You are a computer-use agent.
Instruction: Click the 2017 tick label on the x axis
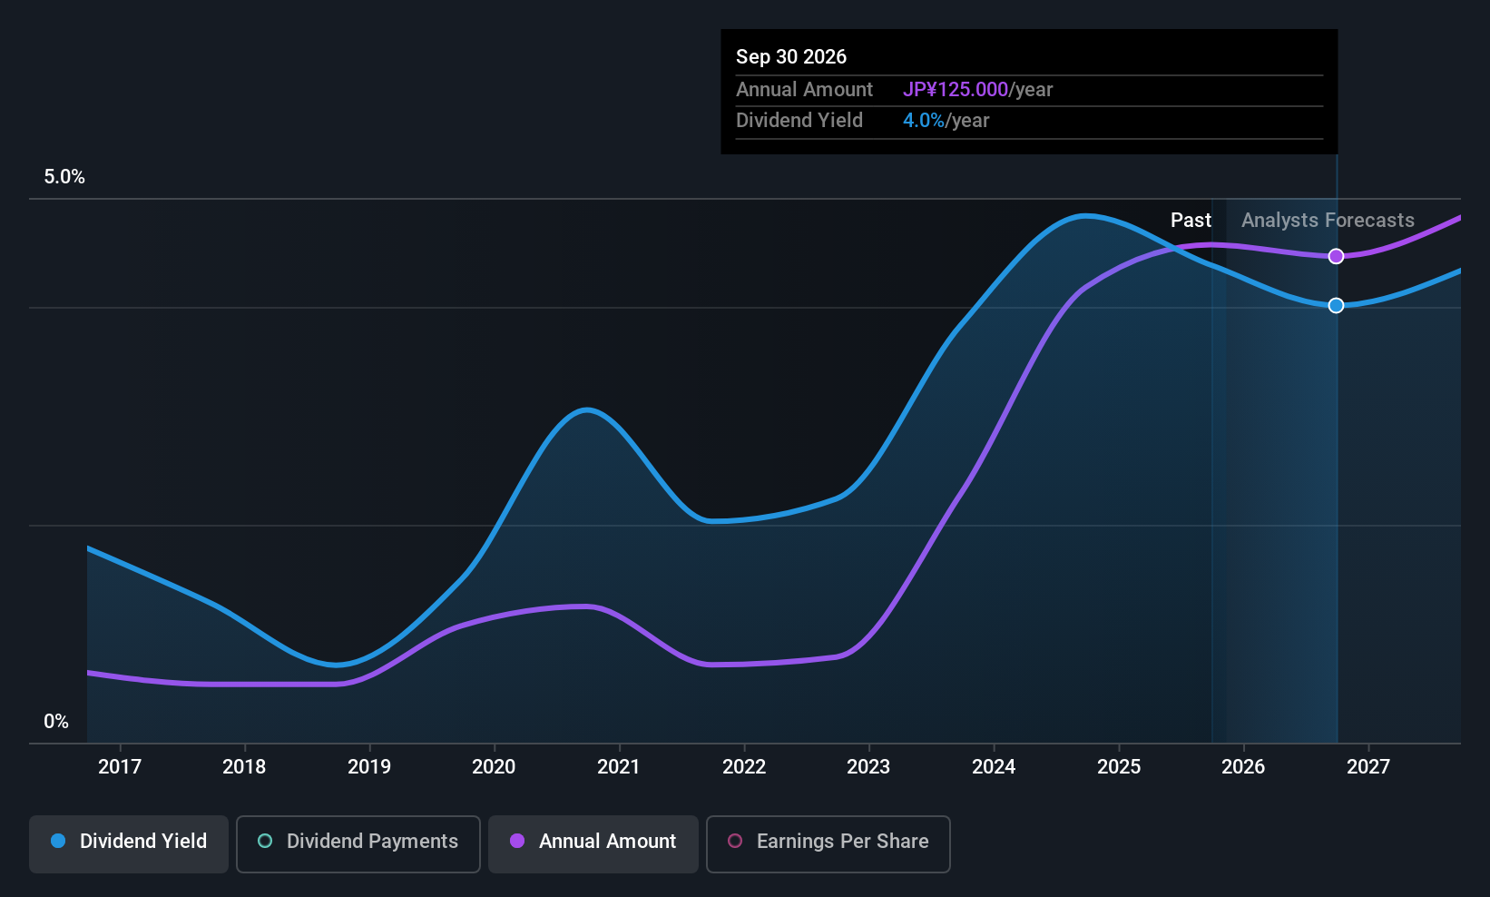[x=120, y=767]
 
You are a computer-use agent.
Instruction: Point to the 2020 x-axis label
[x=494, y=767]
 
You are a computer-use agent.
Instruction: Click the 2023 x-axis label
[x=868, y=767]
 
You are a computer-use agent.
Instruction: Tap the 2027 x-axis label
[x=1367, y=767]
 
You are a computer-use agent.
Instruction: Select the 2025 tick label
[x=1118, y=767]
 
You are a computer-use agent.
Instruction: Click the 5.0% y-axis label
[x=64, y=177]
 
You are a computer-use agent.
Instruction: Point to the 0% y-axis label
[x=56, y=722]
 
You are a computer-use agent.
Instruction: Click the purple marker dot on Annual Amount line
[x=1336, y=257]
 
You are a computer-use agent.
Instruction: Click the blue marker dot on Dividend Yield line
[x=1336, y=306]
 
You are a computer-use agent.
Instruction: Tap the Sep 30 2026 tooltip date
[x=791, y=57]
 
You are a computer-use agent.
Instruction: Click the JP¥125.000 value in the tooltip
[x=955, y=90]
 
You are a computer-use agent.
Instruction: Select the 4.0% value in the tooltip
[x=923, y=121]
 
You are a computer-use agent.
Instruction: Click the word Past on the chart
[x=1191, y=221]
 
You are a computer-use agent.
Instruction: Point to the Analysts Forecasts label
[x=1328, y=221]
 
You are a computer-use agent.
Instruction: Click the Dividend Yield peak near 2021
[x=587, y=410]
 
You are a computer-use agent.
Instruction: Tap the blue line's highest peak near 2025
[x=1085, y=216]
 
